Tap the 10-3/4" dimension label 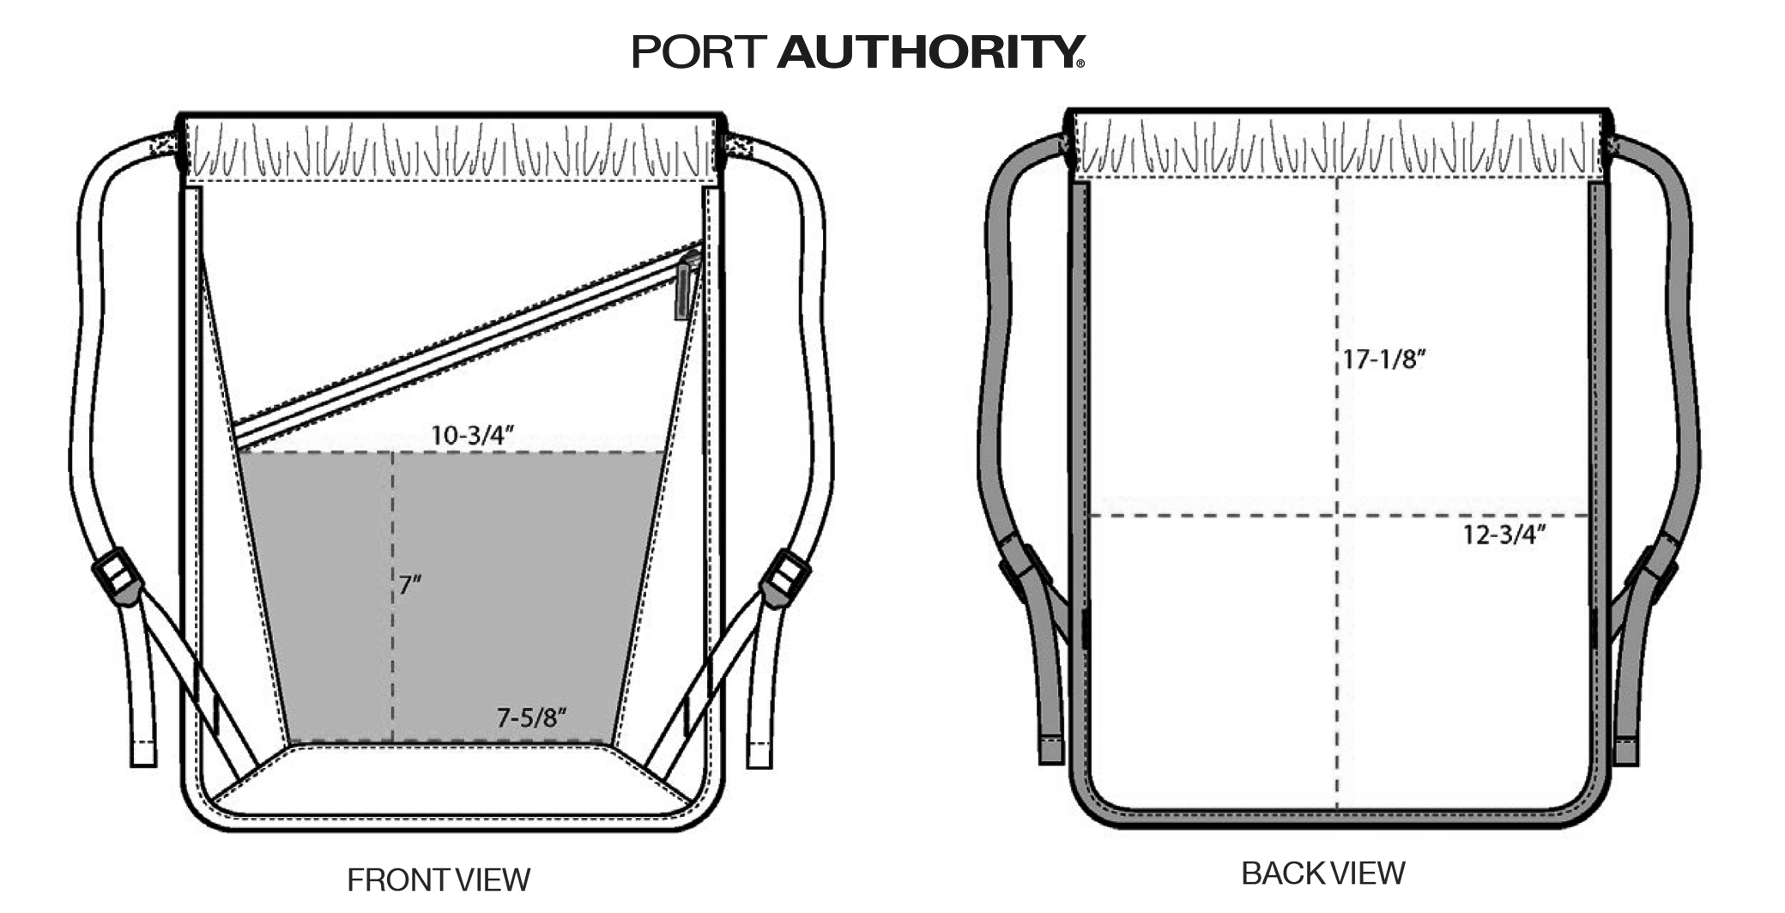click(x=472, y=435)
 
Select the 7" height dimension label click(x=410, y=585)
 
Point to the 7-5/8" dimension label click(x=532, y=717)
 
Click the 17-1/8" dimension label click(x=1383, y=359)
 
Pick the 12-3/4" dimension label click(x=1504, y=535)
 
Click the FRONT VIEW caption click(x=439, y=880)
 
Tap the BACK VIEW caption click(x=1322, y=873)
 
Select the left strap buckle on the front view click(x=116, y=575)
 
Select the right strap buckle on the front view click(x=785, y=579)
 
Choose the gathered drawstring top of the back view click(x=1339, y=146)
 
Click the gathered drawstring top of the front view click(x=451, y=148)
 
